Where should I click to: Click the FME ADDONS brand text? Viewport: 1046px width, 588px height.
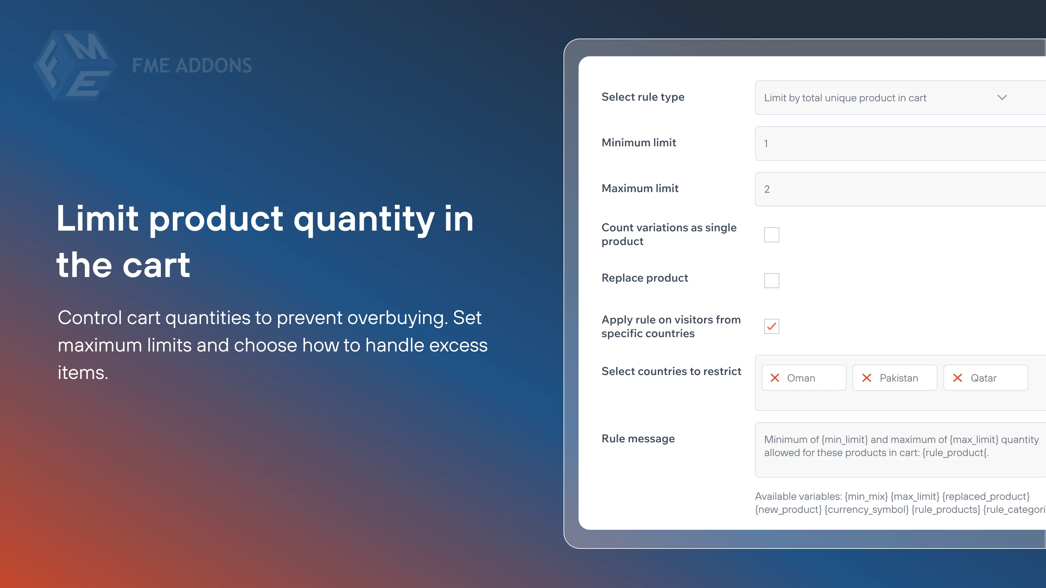coord(192,66)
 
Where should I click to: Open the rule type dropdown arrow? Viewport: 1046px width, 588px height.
coord(1002,97)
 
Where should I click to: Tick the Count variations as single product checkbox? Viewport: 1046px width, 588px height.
coord(771,235)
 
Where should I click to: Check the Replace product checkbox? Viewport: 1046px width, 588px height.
coord(771,280)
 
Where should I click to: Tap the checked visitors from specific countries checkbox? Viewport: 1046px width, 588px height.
coord(771,326)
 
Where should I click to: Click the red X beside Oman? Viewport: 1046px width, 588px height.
coord(775,378)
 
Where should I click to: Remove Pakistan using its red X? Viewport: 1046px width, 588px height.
coord(867,378)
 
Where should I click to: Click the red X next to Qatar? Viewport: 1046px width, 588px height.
coord(957,378)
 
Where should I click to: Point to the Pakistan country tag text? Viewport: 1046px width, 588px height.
coord(899,378)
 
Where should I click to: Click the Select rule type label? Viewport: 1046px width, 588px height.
coord(643,97)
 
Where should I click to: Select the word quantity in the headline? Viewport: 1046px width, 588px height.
coord(364,219)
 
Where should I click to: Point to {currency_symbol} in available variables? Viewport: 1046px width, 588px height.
coord(866,510)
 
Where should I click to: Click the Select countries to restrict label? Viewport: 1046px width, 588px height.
coord(671,371)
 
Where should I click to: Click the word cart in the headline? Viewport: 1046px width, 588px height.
coord(156,265)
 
